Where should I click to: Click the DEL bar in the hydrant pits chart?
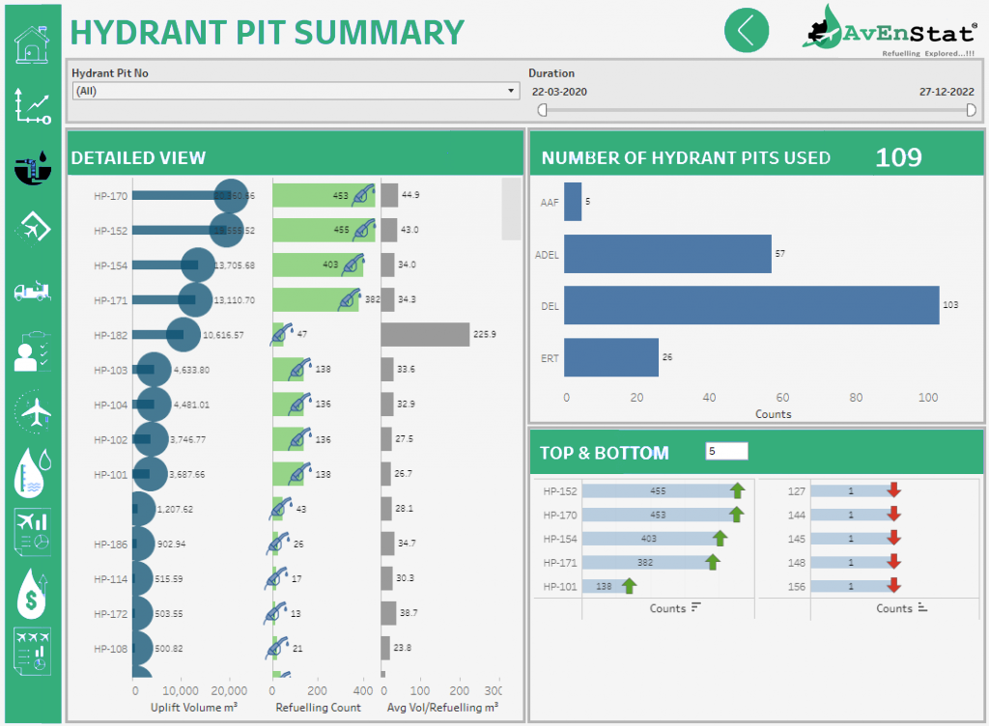coord(751,305)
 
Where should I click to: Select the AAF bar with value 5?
coord(573,202)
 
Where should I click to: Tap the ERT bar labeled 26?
coord(611,357)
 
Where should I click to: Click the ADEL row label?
coord(547,254)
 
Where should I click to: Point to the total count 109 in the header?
coord(898,157)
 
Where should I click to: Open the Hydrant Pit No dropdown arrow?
coord(511,92)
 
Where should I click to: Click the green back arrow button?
coord(747,30)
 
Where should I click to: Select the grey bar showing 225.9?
coord(425,335)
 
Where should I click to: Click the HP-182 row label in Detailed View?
coord(110,335)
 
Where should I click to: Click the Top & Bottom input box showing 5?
coord(726,451)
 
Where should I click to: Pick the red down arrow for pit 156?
coord(893,585)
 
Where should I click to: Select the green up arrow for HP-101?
coord(629,585)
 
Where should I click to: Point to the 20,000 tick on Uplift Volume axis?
coord(230,691)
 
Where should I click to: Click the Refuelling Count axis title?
coord(319,708)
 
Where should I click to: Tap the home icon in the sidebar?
coord(33,46)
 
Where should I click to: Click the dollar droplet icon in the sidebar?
coord(33,593)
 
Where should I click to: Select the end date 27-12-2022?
coord(947,92)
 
